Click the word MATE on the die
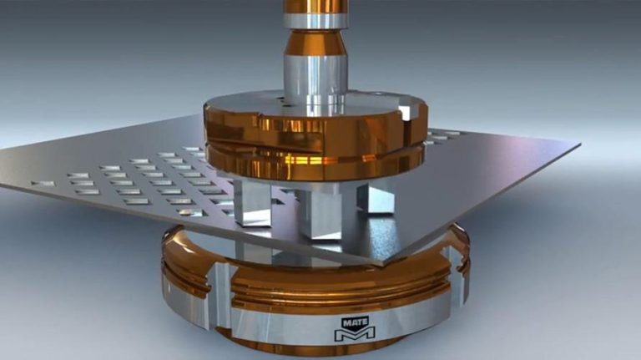click(x=354, y=320)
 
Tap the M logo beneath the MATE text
click(x=354, y=333)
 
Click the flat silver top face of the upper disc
click(x=250, y=102)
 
